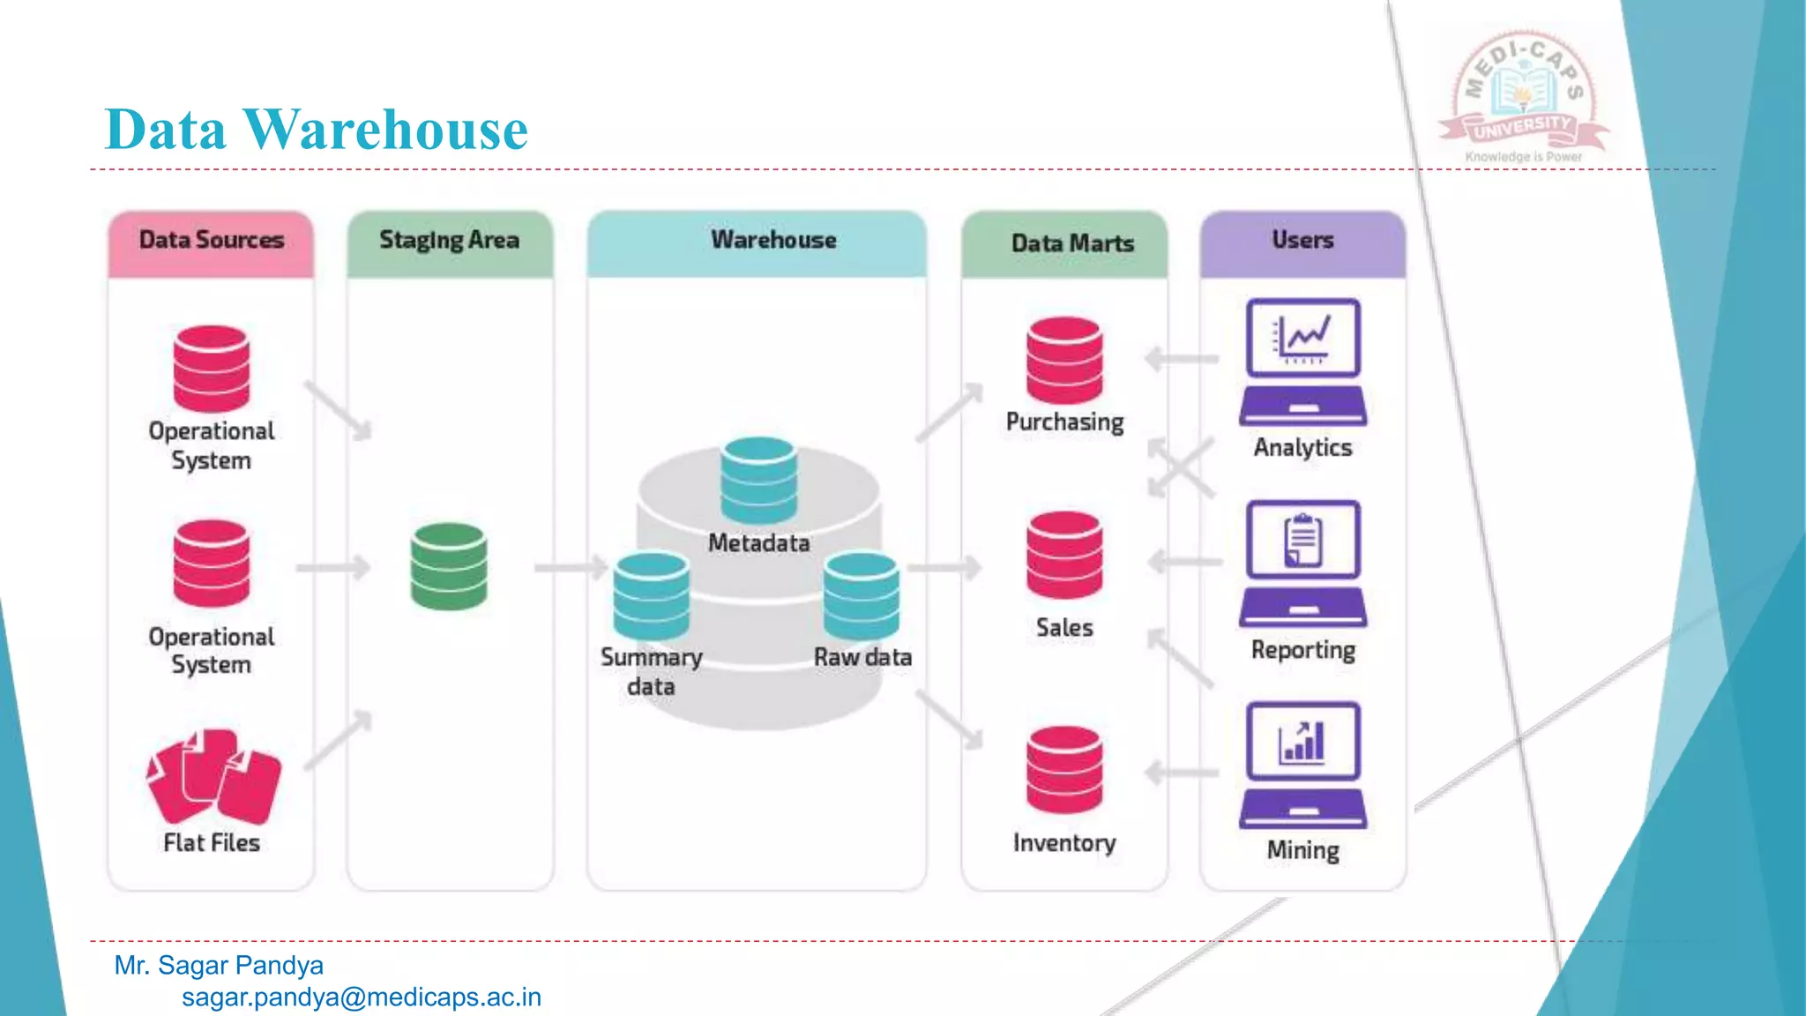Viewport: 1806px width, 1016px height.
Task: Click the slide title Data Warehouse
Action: [316, 130]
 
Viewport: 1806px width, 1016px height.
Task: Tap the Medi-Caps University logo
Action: [1524, 97]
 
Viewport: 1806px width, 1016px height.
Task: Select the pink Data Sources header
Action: [211, 241]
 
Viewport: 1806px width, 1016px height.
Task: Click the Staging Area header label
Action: [449, 241]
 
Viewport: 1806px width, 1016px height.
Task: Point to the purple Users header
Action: [1302, 241]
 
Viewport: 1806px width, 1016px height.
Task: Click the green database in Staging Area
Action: [449, 566]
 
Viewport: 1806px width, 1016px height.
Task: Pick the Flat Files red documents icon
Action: [213, 776]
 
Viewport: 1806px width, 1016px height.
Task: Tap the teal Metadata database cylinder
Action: [758, 481]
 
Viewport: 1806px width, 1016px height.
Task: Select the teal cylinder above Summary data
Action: [652, 596]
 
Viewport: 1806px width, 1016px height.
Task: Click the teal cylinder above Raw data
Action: [862, 596]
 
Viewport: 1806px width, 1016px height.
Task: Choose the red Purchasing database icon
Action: [1064, 360]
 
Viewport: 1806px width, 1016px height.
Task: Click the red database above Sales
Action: [1064, 556]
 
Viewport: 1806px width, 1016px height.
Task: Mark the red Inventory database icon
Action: [1064, 769]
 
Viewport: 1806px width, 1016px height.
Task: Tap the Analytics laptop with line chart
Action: [1302, 362]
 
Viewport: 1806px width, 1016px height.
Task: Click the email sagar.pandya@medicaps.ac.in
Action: [362, 997]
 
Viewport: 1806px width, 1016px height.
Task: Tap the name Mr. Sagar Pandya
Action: [219, 966]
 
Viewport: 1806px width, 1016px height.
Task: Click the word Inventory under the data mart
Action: [1064, 843]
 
